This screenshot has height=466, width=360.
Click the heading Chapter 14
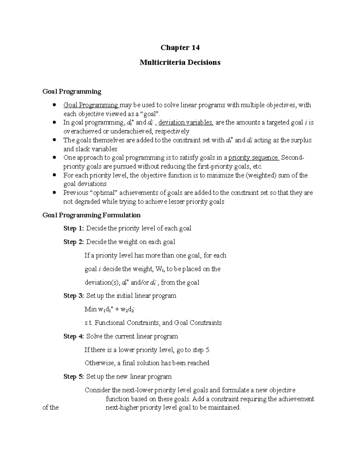(x=180, y=48)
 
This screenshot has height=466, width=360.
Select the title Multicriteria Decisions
(x=180, y=62)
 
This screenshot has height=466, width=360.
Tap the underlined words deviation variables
(x=185, y=123)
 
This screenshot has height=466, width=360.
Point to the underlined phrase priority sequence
(x=254, y=158)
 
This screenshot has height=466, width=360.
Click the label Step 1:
(x=74, y=228)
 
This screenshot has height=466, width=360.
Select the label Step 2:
(x=74, y=242)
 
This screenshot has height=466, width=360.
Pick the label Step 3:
(x=74, y=296)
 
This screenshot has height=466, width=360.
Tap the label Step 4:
(x=74, y=336)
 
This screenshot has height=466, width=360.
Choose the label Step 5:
(x=74, y=377)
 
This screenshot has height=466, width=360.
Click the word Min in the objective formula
(x=90, y=309)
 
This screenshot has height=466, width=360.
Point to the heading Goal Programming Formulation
(x=91, y=215)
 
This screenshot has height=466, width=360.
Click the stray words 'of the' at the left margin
(x=51, y=408)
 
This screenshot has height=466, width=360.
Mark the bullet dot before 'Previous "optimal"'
(x=54, y=193)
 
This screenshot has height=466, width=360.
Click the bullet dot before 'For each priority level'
(x=54, y=175)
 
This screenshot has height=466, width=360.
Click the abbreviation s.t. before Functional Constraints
(x=89, y=323)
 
